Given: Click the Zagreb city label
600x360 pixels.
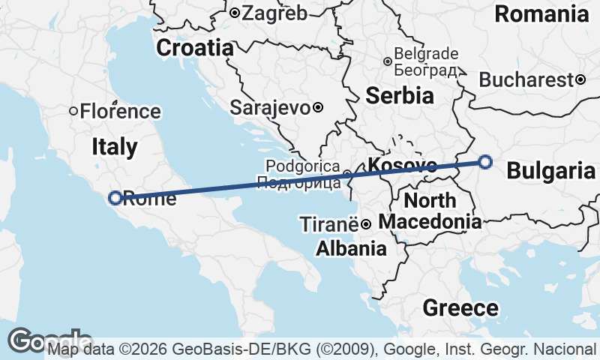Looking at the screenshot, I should click(x=274, y=13).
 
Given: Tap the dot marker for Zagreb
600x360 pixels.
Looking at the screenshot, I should click(x=235, y=13).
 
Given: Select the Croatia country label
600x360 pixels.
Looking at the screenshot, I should click(x=195, y=48).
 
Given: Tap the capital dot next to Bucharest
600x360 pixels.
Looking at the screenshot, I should click(x=580, y=79).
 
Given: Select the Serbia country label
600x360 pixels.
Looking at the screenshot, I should click(x=400, y=95).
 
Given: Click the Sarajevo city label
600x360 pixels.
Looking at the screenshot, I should click(x=270, y=107).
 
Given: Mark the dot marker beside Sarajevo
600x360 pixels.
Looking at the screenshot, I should click(x=318, y=107).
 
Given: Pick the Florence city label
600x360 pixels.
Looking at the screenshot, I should click(x=120, y=112).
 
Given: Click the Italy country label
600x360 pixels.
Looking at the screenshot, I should click(x=115, y=146).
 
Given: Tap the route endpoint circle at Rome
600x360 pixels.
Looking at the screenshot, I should click(x=115, y=198).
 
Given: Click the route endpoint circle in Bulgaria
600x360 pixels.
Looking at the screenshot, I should click(x=485, y=161).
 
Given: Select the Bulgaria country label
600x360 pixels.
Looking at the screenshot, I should click(x=551, y=171).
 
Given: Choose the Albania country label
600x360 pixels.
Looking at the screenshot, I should click(x=351, y=248).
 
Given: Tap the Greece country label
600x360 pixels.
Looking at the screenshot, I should click(x=460, y=307).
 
